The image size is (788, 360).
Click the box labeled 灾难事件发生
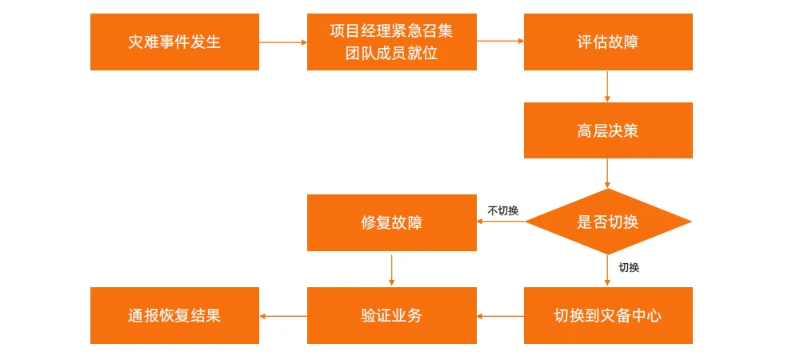[x=174, y=42]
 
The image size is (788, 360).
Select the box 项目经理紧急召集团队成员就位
[x=391, y=42]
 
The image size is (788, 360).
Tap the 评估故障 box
[x=608, y=42]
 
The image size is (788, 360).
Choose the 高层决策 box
[x=608, y=130]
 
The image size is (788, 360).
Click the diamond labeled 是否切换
[x=608, y=222]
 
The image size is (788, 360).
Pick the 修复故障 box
[x=391, y=222]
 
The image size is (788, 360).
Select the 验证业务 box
[x=391, y=315]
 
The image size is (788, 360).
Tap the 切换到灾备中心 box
[x=608, y=315]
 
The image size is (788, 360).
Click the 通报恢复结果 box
[x=174, y=315]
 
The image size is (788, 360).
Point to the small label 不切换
[x=503, y=211]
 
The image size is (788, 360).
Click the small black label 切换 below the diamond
[x=629, y=267]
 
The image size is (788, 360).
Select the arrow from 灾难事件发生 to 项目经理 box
[x=283, y=42]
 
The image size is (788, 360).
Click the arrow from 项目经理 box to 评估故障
[x=500, y=42]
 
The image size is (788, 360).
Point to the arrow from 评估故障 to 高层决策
[x=608, y=86]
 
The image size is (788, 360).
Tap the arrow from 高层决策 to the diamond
[x=608, y=173]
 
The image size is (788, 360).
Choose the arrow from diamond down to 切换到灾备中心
[x=608, y=270]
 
